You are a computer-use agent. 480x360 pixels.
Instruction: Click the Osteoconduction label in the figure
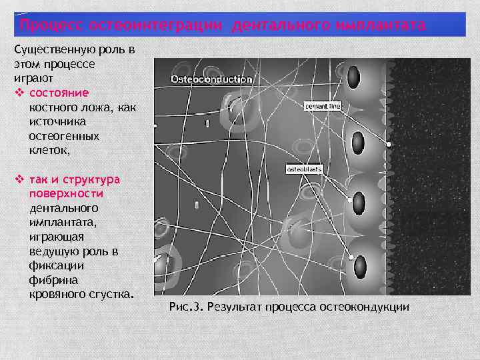211,79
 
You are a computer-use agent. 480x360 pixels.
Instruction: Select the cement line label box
323,105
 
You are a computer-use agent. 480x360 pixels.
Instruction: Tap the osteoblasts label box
304,169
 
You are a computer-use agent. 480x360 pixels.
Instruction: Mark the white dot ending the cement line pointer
387,144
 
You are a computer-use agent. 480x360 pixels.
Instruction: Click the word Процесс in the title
51,25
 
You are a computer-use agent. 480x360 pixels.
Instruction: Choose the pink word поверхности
66,193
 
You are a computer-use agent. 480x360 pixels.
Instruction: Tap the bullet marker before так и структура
19,179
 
